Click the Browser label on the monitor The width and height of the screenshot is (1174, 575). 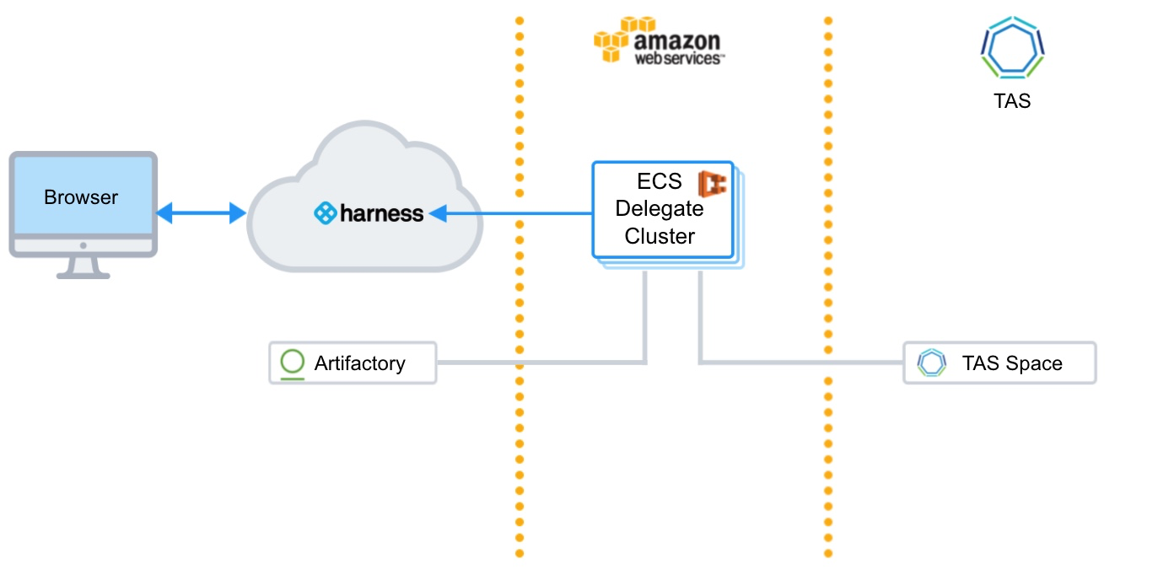(x=81, y=197)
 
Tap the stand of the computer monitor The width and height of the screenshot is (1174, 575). (x=83, y=268)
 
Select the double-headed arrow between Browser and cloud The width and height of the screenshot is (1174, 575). (x=202, y=212)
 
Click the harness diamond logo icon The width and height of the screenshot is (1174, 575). (x=325, y=213)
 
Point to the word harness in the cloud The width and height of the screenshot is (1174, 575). (x=381, y=213)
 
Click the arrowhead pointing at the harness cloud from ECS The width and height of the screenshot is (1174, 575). (x=439, y=213)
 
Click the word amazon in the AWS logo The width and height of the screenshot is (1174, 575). (x=677, y=40)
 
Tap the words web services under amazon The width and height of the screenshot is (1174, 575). (x=679, y=57)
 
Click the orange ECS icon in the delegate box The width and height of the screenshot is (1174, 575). (x=713, y=184)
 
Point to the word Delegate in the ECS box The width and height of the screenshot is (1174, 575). (x=660, y=208)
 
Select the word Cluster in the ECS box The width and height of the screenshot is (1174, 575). (x=660, y=236)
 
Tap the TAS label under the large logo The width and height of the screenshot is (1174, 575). (x=1012, y=100)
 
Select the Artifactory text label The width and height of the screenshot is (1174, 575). (x=359, y=363)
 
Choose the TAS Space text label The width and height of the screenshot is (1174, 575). (x=1012, y=363)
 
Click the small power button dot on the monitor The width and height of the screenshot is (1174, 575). (x=83, y=245)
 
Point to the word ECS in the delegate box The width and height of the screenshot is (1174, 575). (x=660, y=181)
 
